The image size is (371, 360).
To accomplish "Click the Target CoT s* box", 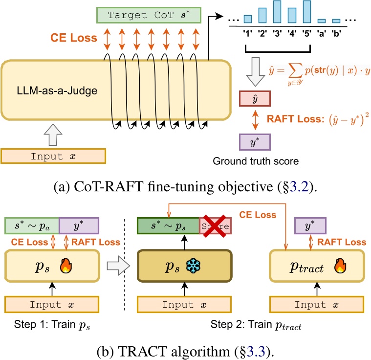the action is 149,15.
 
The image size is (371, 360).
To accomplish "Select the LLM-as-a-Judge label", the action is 57,90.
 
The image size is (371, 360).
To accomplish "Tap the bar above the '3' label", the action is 277,12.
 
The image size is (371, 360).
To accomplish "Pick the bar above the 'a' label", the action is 322,21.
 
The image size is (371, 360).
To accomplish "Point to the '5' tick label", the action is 306,34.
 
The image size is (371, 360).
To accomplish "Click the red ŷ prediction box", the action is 255,98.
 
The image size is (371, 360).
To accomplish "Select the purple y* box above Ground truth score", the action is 255,142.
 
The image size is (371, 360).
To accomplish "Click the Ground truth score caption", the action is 256,161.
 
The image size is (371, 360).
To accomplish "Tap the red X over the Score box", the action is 215,226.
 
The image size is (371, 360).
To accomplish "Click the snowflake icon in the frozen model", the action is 193,266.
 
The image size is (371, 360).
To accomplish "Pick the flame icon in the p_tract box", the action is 341,266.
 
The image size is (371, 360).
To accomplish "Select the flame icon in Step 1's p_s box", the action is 66,266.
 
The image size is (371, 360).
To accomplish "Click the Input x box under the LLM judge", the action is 53,156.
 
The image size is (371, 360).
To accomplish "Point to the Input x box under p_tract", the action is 317,304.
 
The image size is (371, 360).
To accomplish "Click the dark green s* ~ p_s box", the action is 169,226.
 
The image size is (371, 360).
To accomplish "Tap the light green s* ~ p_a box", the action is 32,225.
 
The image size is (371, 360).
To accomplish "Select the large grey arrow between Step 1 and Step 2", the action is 118,266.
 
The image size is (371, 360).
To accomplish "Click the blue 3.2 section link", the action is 299,187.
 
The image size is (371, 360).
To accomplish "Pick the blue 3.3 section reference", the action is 256,351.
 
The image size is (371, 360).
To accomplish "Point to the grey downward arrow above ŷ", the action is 256,71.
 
